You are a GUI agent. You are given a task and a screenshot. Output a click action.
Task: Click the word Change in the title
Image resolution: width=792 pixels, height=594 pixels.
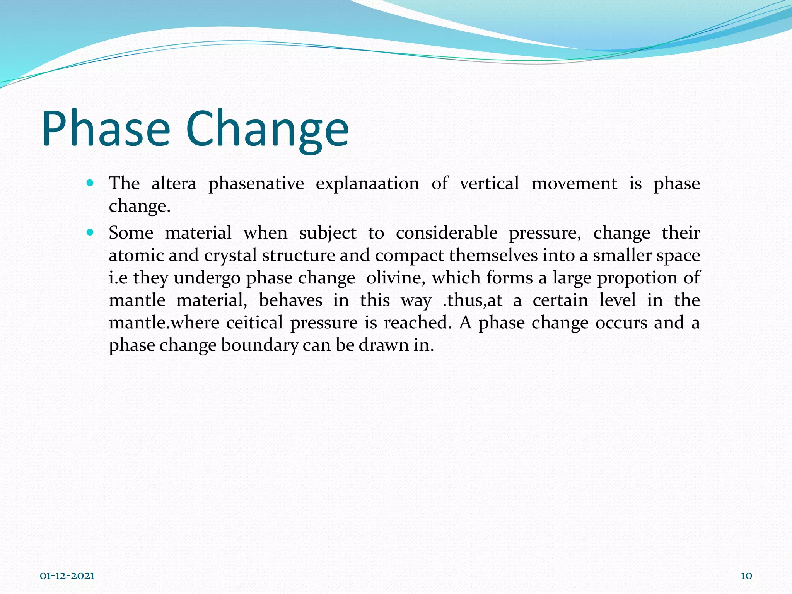(x=267, y=129)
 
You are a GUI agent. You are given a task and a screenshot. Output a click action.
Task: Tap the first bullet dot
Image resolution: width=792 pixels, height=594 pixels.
(x=90, y=183)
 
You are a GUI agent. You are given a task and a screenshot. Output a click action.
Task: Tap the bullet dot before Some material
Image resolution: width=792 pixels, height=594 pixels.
(x=90, y=233)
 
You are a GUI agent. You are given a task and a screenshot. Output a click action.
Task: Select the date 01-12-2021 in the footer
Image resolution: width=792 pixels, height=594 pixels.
(x=67, y=576)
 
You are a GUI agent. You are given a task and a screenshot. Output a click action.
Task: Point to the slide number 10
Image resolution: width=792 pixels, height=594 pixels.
(x=746, y=576)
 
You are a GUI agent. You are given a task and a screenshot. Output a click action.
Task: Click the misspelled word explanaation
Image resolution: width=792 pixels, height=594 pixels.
(x=367, y=183)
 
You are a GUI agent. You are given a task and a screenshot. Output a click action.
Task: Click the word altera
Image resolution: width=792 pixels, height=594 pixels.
(x=174, y=183)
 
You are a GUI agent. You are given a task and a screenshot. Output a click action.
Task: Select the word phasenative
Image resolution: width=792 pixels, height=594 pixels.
(x=256, y=183)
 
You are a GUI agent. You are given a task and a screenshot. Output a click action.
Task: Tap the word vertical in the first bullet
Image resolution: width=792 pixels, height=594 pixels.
(x=489, y=183)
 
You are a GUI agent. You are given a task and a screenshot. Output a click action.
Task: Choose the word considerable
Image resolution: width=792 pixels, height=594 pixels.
(x=447, y=233)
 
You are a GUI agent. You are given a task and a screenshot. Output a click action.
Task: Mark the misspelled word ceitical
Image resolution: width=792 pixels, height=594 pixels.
(x=254, y=323)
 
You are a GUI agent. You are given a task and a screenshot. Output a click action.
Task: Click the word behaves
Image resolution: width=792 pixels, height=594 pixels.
(x=290, y=300)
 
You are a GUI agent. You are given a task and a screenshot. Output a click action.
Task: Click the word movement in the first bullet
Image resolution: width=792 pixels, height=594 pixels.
(x=574, y=183)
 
